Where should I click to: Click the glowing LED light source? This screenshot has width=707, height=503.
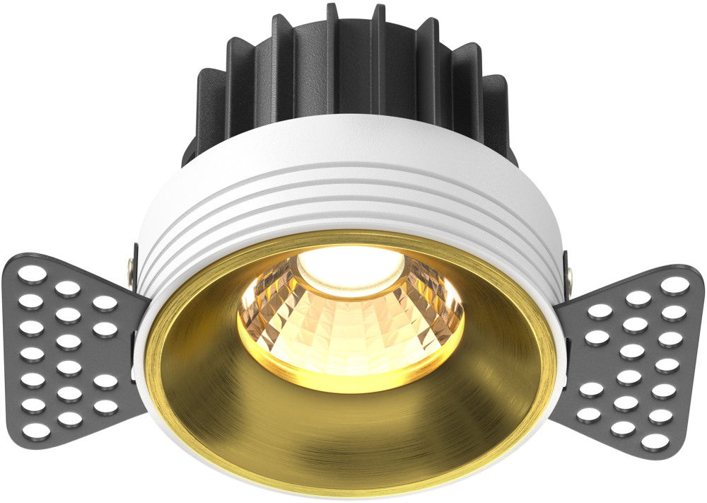click(x=349, y=265)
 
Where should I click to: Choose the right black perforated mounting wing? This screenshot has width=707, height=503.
click(x=629, y=354)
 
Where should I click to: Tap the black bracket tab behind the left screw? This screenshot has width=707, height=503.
click(x=134, y=251)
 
